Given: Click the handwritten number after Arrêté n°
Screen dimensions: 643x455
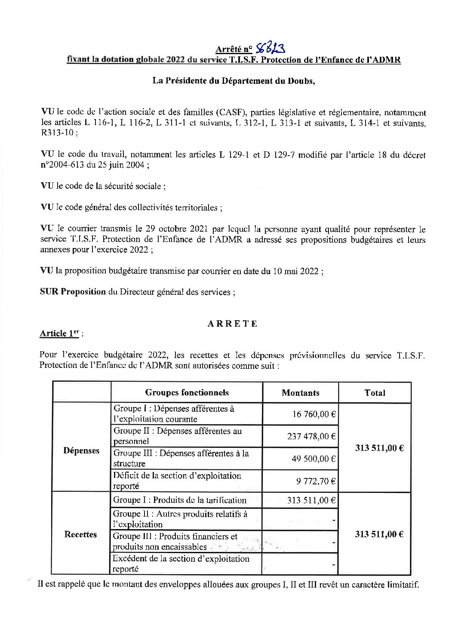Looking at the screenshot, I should click(271, 49).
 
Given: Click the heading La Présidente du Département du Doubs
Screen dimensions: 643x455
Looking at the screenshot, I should click(234, 81).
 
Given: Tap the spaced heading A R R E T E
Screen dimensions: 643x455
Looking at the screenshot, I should click(233, 324).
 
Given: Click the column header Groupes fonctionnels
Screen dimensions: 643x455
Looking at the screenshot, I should click(187, 392).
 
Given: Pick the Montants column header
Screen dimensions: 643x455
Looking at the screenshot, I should click(300, 392).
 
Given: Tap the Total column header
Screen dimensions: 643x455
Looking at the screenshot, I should click(375, 392).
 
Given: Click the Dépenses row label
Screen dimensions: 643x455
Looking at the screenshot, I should click(81, 450).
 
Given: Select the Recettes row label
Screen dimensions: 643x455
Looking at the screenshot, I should click(80, 534).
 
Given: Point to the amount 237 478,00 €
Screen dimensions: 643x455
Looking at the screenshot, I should click(311, 436).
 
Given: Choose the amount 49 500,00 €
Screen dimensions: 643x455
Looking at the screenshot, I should click(314, 459).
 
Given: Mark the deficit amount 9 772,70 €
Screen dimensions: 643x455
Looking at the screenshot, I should click(316, 481).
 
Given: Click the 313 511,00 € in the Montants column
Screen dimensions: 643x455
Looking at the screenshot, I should click(311, 500).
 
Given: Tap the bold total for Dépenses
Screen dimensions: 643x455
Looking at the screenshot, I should click(379, 448).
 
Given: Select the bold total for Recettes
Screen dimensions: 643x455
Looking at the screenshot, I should click(379, 534).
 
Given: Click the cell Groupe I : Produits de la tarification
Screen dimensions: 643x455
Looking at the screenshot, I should click(180, 500).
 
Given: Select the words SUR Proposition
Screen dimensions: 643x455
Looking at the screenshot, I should click(73, 292).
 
